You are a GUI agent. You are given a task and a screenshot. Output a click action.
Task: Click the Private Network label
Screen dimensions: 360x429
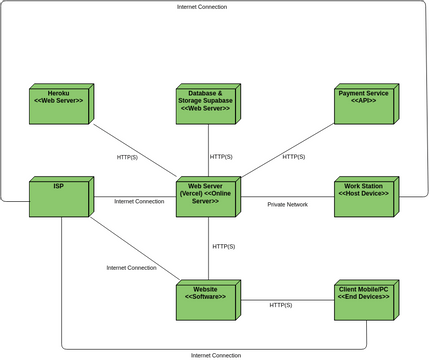click(x=287, y=204)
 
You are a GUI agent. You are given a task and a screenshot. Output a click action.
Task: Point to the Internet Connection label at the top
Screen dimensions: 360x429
click(x=201, y=6)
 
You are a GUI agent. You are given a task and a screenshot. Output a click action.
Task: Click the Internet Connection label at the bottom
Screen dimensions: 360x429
click(x=216, y=355)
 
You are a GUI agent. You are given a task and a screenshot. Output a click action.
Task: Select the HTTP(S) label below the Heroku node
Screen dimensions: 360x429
click(x=128, y=157)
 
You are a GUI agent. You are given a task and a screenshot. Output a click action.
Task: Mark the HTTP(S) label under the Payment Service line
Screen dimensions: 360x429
click(x=294, y=157)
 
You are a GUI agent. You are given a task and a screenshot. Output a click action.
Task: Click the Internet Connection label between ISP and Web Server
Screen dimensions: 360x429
click(x=139, y=201)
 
